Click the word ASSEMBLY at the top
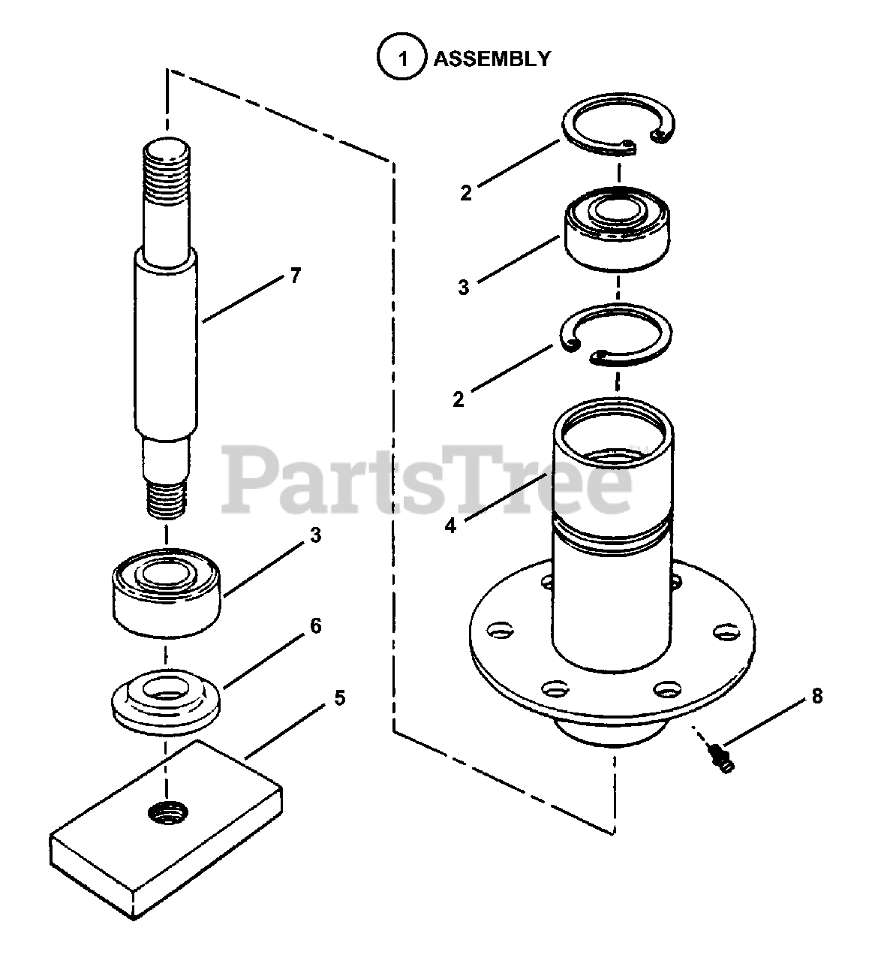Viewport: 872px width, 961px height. (492, 59)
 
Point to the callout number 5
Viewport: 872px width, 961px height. (339, 698)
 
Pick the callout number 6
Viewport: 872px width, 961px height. (316, 625)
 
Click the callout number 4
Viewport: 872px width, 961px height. (450, 526)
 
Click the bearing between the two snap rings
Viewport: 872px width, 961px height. (617, 230)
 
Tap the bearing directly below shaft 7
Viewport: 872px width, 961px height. (167, 593)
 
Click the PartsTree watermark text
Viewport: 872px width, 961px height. (426, 480)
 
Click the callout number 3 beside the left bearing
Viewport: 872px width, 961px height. (315, 535)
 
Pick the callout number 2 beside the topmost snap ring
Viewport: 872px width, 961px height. (466, 193)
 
